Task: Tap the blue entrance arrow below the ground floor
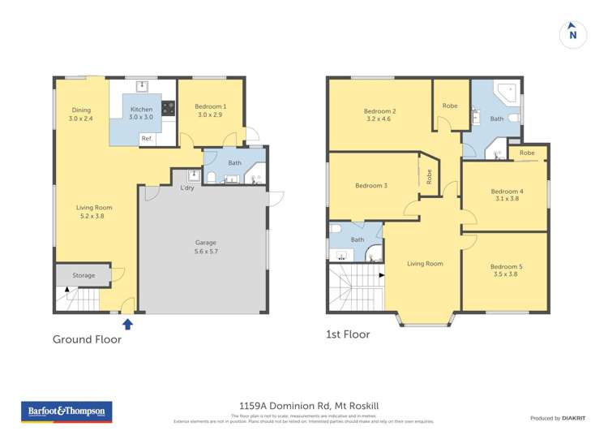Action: pyautogui.click(x=126, y=324)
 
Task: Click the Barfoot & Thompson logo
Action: pyautogui.click(x=66, y=412)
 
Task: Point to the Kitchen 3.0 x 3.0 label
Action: pyautogui.click(x=142, y=113)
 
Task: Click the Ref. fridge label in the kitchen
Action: pyautogui.click(x=147, y=139)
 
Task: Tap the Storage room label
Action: pyautogui.click(x=83, y=275)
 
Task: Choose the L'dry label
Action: pyautogui.click(x=186, y=189)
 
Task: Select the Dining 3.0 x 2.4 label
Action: pyautogui.click(x=81, y=114)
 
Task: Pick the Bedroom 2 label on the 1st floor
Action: pyautogui.click(x=379, y=115)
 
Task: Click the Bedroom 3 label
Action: pyautogui.click(x=371, y=186)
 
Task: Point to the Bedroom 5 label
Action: pyautogui.click(x=506, y=269)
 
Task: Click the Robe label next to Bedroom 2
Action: pyautogui.click(x=449, y=106)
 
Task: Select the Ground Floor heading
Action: pyautogui.click(x=87, y=339)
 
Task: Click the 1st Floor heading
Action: pyautogui.click(x=347, y=334)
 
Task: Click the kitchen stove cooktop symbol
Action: pyautogui.click(x=169, y=107)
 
